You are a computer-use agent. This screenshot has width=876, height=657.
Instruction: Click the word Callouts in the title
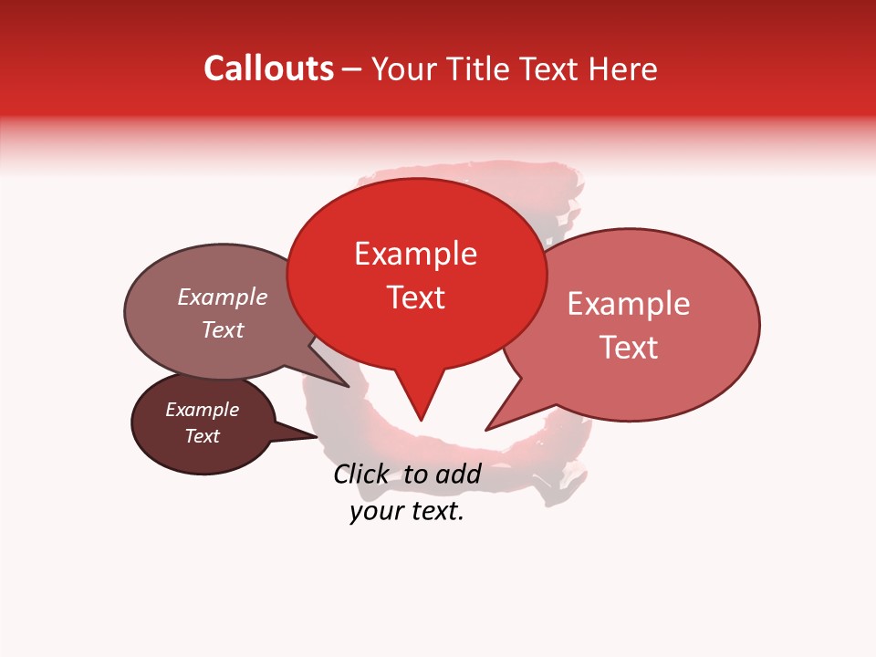pyautogui.click(x=268, y=68)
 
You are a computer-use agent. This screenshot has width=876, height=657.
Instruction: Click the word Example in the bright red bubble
pyautogui.click(x=415, y=254)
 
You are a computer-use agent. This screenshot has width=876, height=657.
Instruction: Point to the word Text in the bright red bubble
pyautogui.click(x=415, y=297)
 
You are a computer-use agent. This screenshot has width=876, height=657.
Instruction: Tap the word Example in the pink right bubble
pyautogui.click(x=629, y=304)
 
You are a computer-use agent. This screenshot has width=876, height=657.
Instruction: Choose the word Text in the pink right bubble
pyautogui.click(x=629, y=348)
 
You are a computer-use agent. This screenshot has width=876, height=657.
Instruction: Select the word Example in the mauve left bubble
pyautogui.click(x=223, y=297)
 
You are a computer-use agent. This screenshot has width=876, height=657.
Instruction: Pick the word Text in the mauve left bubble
pyautogui.click(x=223, y=330)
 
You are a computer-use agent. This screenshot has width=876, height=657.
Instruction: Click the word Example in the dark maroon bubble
pyautogui.click(x=203, y=410)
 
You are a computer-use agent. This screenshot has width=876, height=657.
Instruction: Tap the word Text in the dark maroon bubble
pyautogui.click(x=203, y=436)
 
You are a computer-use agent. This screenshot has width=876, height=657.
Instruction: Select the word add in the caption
pyautogui.click(x=458, y=474)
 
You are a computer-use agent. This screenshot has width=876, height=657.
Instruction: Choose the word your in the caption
pyautogui.click(x=376, y=512)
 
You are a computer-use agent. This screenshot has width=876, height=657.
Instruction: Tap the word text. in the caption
pyautogui.click(x=434, y=512)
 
